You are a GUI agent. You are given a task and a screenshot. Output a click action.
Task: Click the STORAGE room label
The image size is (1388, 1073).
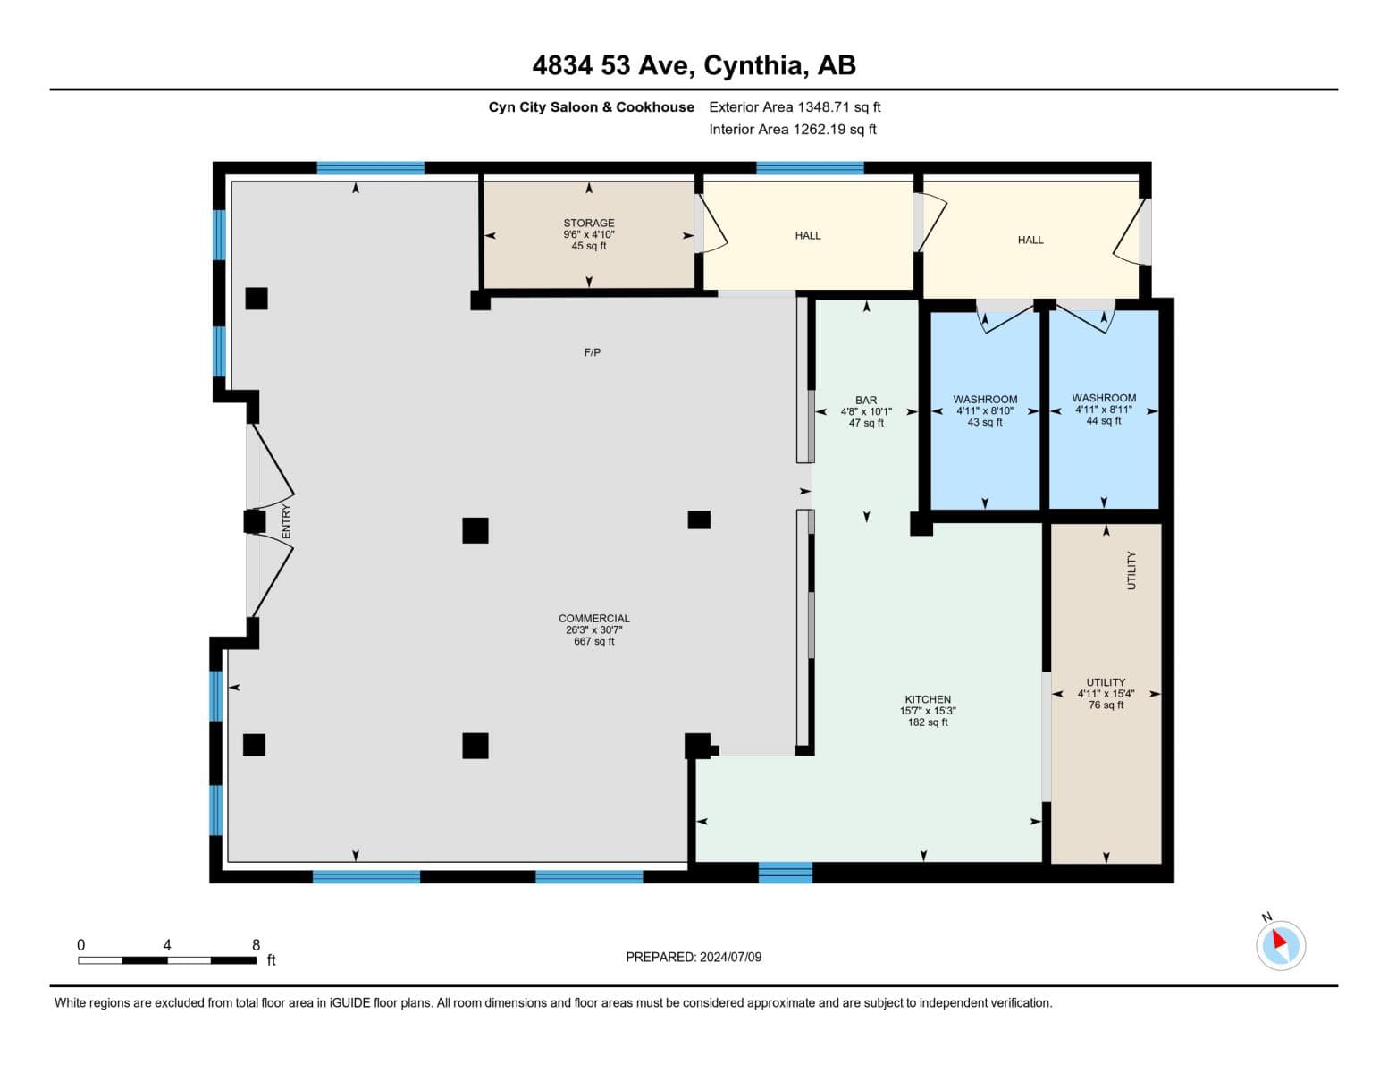click(588, 223)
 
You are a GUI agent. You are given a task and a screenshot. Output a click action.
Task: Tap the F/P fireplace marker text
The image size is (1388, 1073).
click(593, 352)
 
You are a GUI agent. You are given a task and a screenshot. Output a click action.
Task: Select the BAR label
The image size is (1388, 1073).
click(865, 400)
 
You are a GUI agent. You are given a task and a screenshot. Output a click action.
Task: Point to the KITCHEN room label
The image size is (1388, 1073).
click(928, 699)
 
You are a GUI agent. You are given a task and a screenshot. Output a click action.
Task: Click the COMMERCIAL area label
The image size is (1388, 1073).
click(594, 618)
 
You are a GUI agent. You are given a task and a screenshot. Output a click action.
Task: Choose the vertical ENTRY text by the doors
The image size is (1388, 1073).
click(286, 521)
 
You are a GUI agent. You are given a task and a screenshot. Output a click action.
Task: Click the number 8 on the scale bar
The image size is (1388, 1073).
click(257, 944)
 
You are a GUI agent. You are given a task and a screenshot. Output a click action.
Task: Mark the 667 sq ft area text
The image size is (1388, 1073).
click(594, 641)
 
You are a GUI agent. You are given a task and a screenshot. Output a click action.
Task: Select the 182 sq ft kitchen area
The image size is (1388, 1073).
click(928, 722)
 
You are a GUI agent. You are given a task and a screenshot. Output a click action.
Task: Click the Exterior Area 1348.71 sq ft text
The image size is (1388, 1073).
click(795, 106)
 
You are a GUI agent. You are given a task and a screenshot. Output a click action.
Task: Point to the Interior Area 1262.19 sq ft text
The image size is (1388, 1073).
click(792, 129)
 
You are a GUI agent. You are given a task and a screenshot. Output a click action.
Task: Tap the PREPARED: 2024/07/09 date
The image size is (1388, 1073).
click(694, 957)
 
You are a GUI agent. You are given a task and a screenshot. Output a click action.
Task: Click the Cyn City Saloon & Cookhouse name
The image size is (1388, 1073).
click(591, 106)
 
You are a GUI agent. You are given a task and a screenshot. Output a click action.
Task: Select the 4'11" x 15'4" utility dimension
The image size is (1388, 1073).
click(1106, 693)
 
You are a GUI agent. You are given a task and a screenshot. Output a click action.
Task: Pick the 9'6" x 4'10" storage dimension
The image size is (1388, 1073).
click(588, 234)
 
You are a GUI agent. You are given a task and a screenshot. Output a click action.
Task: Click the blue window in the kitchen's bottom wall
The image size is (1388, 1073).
click(785, 873)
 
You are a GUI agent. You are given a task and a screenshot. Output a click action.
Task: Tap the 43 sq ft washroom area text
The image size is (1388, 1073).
click(984, 422)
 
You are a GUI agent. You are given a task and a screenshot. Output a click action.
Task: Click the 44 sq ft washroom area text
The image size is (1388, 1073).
click(1103, 420)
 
